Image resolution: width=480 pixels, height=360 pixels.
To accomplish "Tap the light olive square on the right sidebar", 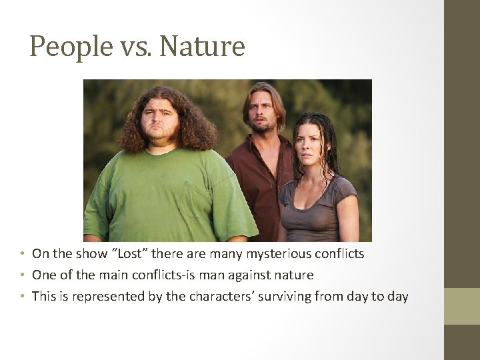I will pos(462,306).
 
